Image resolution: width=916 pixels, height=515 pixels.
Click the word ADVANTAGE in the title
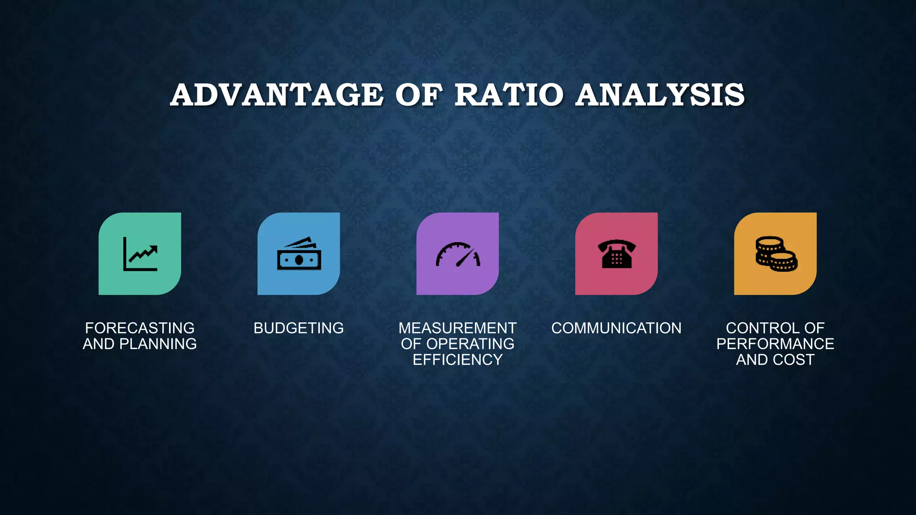pyautogui.click(x=277, y=95)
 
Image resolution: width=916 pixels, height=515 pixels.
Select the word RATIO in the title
pyautogui.click(x=509, y=95)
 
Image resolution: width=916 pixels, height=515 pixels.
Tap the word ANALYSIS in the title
pyautogui.click(x=660, y=95)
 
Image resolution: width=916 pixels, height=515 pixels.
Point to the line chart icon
pyautogui.click(x=140, y=254)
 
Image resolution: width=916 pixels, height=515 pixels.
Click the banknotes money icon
pyautogui.click(x=299, y=254)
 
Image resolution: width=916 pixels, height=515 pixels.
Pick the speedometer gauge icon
pyautogui.click(x=458, y=254)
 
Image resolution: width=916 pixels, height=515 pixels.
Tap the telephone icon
pyautogui.click(x=616, y=254)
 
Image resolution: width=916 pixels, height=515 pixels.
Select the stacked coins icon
pyautogui.click(x=776, y=254)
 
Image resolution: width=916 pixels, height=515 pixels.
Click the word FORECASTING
pyautogui.click(x=140, y=328)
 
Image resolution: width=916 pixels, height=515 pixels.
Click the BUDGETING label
pyautogui.click(x=299, y=328)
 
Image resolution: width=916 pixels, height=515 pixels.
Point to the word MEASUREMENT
pyautogui.click(x=458, y=328)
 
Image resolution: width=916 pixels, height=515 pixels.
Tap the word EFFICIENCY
pyautogui.click(x=458, y=359)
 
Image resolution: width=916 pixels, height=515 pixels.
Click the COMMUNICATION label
pyautogui.click(x=616, y=328)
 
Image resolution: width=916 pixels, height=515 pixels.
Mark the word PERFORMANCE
pyautogui.click(x=775, y=344)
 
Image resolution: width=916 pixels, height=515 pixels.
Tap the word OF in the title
pyautogui.click(x=419, y=95)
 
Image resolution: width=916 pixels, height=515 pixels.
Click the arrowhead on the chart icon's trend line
pyautogui.click(x=153, y=249)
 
